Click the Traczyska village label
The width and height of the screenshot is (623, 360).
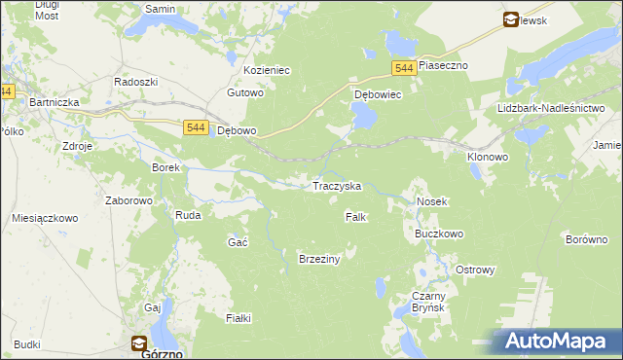(336, 186)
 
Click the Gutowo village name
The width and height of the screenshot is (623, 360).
(245, 93)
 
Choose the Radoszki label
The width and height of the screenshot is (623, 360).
(135, 82)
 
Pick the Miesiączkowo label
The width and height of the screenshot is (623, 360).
(45, 219)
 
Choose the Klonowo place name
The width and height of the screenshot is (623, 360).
(488, 156)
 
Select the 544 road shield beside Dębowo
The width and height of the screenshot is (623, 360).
(195, 127)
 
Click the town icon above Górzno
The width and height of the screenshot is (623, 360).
(139, 342)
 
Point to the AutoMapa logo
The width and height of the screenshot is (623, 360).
(556, 342)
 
